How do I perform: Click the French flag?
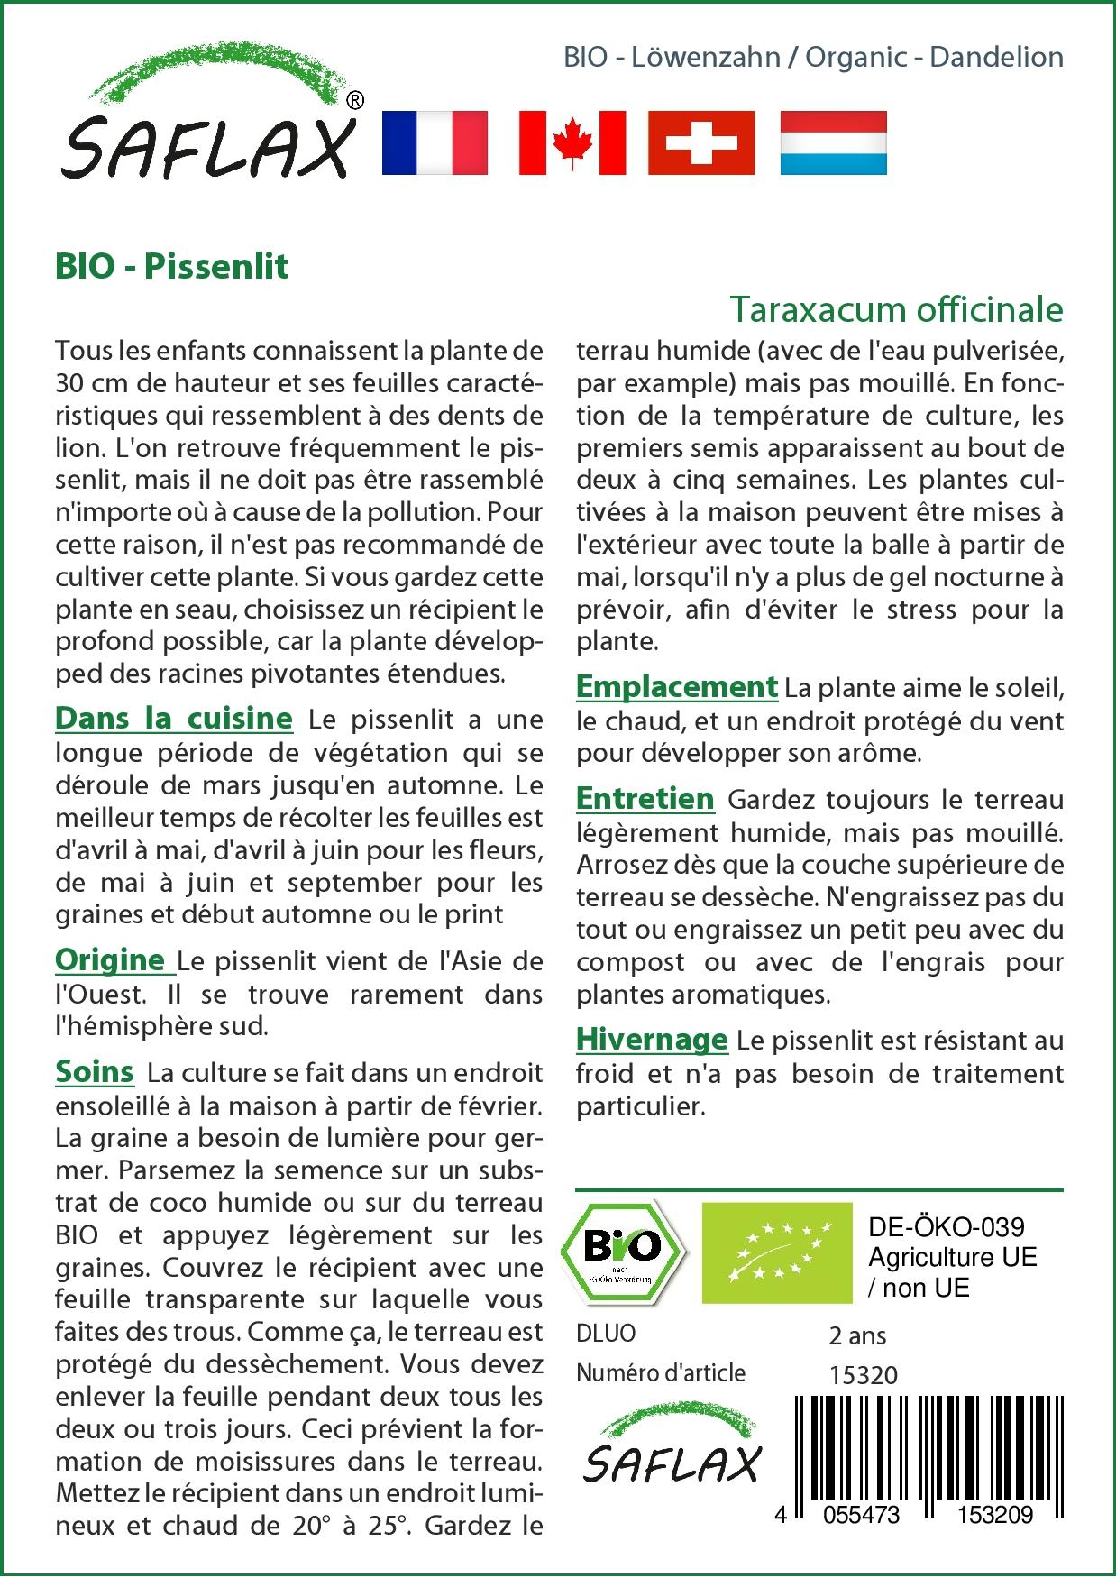pyautogui.click(x=435, y=142)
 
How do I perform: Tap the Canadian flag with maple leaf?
pyautogui.click(x=572, y=142)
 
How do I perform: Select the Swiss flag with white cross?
pyautogui.click(x=701, y=142)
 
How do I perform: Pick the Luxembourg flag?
pyautogui.click(x=833, y=142)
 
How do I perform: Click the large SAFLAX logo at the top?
pyautogui.click(x=209, y=122)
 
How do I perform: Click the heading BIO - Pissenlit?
pyautogui.click(x=172, y=267)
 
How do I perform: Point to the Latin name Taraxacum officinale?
pyautogui.click(x=896, y=309)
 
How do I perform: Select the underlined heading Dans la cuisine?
pyautogui.click(x=174, y=719)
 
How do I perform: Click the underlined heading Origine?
pyautogui.click(x=114, y=960)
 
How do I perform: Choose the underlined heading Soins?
pyautogui.click(x=95, y=1072)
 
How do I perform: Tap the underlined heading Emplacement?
pyautogui.click(x=676, y=687)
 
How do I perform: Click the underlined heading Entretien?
pyautogui.click(x=645, y=799)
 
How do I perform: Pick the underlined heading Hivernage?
pyautogui.click(x=651, y=1040)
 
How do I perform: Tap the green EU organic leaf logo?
pyautogui.click(x=776, y=1252)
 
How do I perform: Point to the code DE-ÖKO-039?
pyautogui.click(x=946, y=1227)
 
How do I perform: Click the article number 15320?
pyautogui.click(x=863, y=1375)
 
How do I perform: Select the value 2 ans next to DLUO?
pyautogui.click(x=857, y=1335)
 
